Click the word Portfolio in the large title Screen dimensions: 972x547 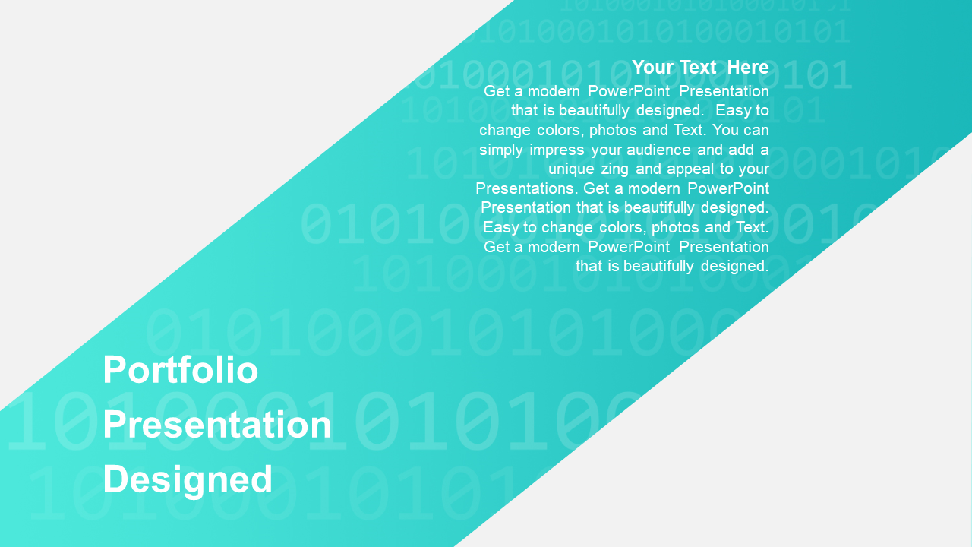tap(180, 369)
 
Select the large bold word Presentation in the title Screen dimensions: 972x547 tap(217, 425)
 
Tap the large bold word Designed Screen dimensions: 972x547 tap(188, 480)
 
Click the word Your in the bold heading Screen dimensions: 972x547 tap(652, 68)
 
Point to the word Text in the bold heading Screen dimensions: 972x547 tap(698, 68)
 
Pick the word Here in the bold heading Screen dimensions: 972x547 tap(748, 68)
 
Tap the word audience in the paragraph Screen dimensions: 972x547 tap(658, 150)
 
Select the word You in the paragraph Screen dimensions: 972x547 tap(725, 130)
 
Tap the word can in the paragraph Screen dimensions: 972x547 tap(756, 130)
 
